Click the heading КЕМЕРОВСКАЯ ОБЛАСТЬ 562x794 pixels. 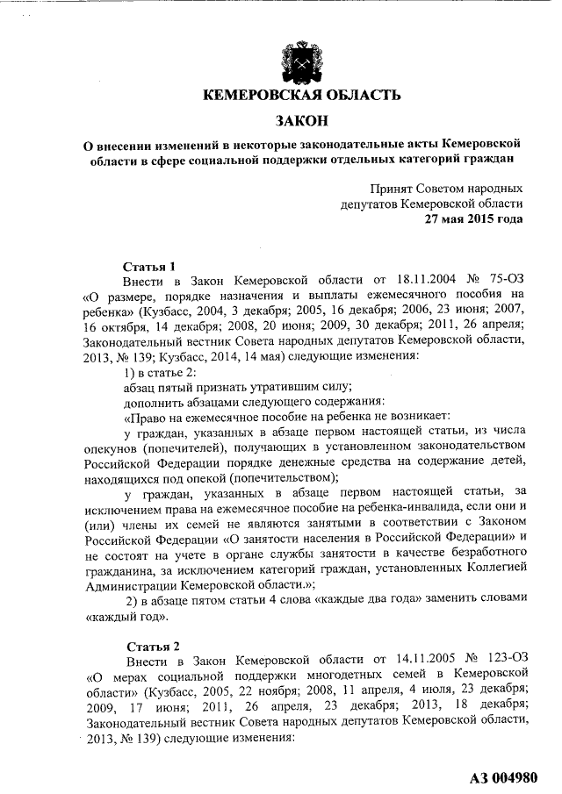coord(302,96)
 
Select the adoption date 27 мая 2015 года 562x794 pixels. coord(474,219)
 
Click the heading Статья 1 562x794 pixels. coord(150,266)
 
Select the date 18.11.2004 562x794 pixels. coord(385,282)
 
